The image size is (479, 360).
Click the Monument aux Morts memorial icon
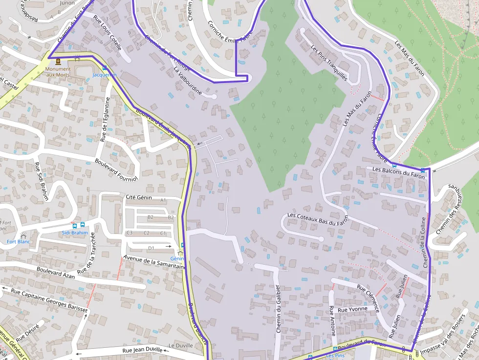(x=58, y=62)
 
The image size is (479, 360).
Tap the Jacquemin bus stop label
(x=105, y=75)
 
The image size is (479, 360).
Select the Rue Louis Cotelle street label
(x=107, y=29)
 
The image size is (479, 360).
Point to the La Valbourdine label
(x=188, y=81)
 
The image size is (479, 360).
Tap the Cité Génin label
(x=139, y=198)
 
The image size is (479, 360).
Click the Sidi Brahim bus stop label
(x=75, y=233)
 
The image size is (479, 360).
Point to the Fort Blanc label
(x=19, y=242)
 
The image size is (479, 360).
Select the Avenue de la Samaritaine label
(x=154, y=263)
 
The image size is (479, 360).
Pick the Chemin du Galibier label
(x=278, y=309)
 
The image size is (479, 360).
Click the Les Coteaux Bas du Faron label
(x=317, y=219)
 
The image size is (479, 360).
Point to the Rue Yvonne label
(x=352, y=309)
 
